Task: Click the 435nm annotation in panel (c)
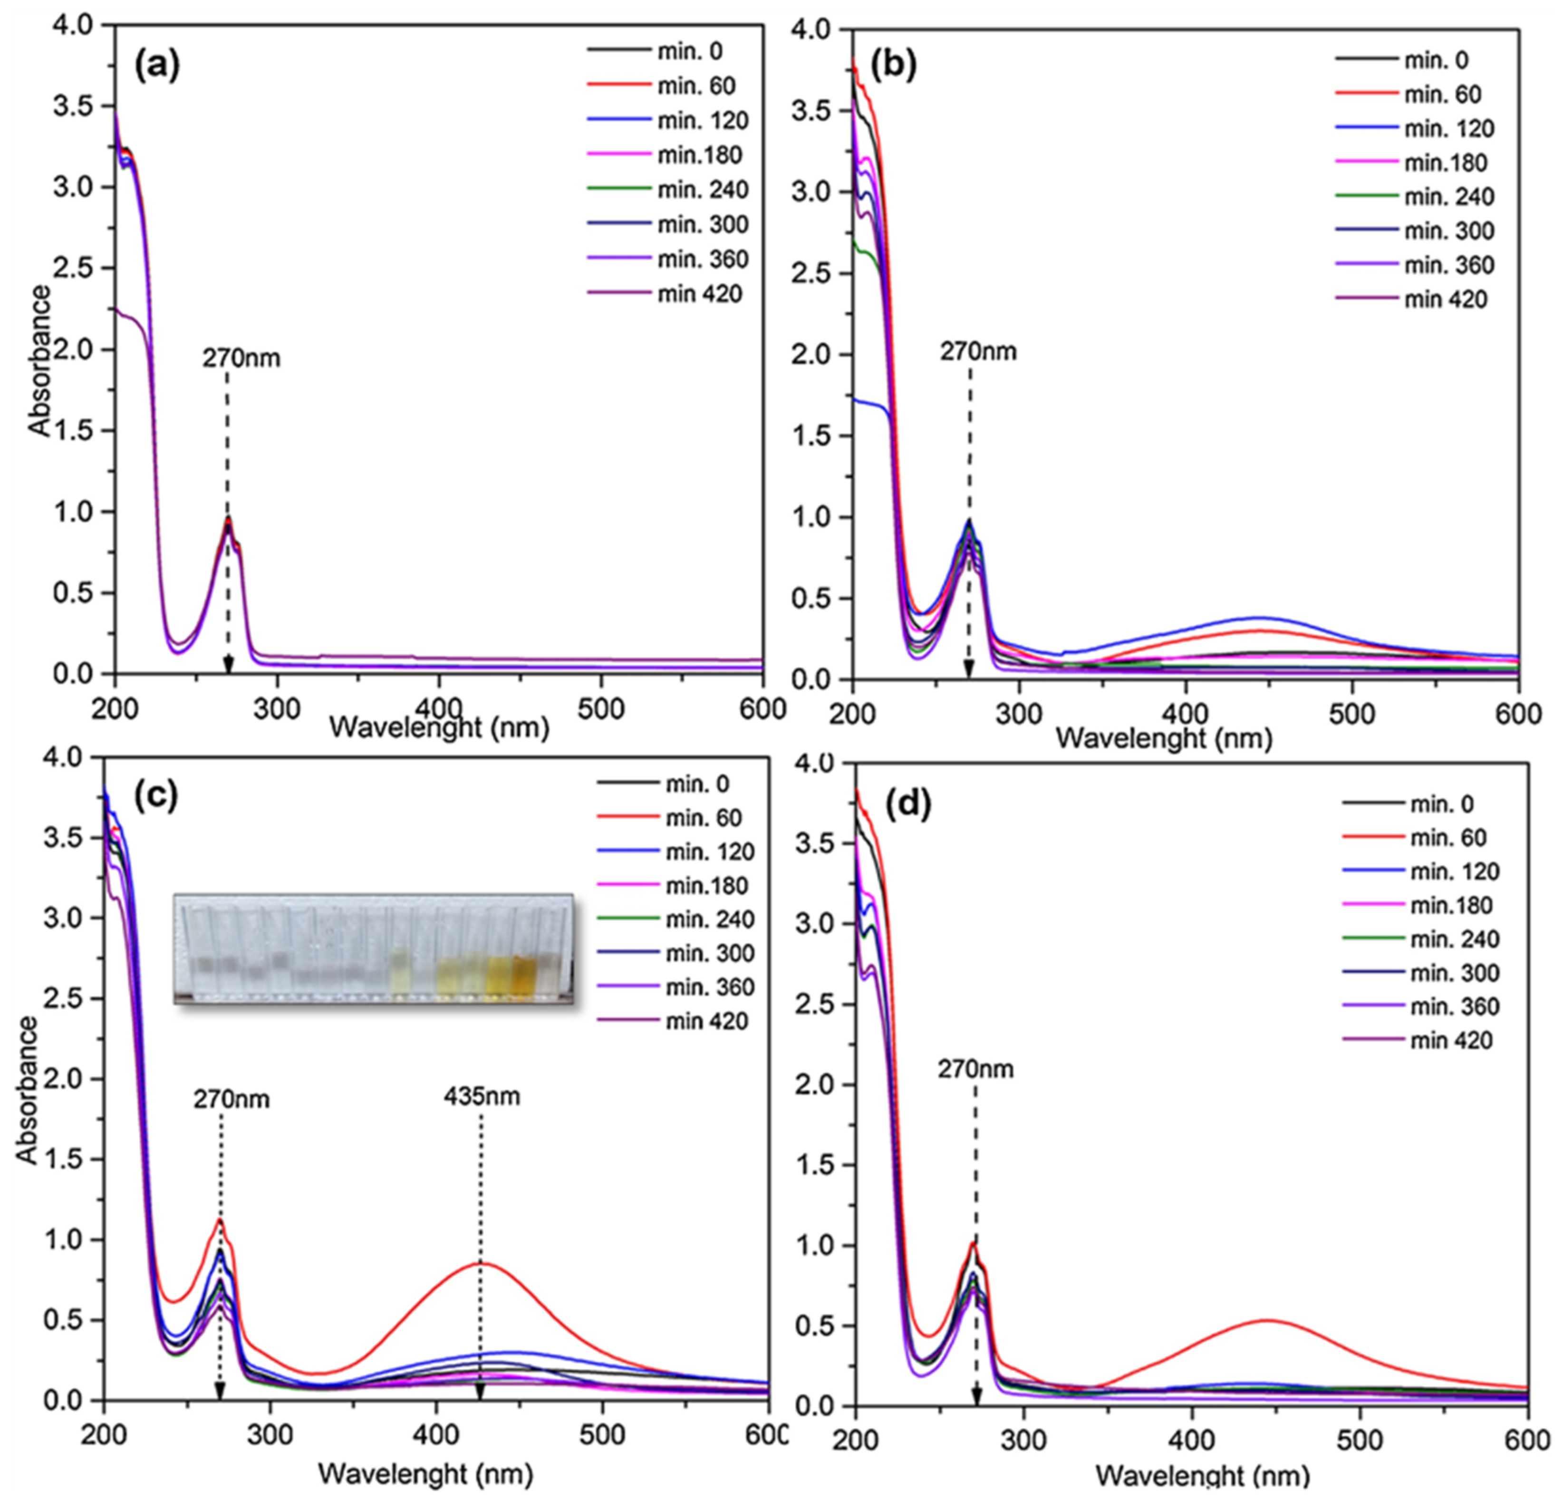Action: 482,1097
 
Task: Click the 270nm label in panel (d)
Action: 975,1069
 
